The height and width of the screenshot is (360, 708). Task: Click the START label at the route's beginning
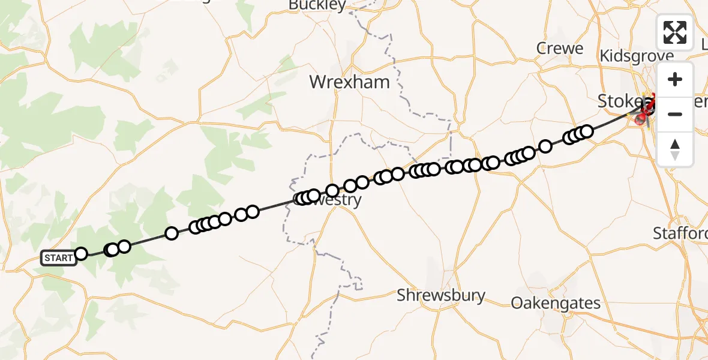(x=59, y=258)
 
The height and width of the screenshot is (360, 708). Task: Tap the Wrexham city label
(x=349, y=82)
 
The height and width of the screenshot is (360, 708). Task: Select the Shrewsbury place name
(x=441, y=295)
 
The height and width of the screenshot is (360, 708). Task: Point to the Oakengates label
(x=556, y=303)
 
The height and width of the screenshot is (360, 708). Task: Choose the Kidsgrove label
(x=637, y=55)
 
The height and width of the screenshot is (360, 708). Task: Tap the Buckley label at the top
(x=317, y=6)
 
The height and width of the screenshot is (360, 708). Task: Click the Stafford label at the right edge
(x=680, y=233)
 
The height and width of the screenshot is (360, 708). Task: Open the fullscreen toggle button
(x=675, y=32)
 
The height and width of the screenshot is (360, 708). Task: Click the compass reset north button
(x=675, y=149)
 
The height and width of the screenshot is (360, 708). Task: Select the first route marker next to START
(x=81, y=254)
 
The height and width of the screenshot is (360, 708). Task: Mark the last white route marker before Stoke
(x=587, y=131)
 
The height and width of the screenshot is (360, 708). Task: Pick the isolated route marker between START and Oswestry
(x=172, y=233)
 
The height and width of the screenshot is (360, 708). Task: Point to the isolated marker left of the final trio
(x=545, y=146)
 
